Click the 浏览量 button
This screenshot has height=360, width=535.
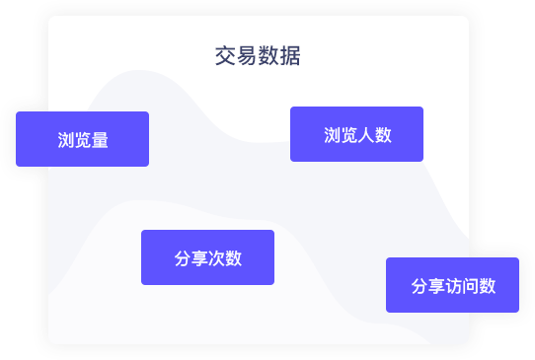[x=82, y=139]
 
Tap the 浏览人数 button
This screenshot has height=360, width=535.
[x=357, y=134]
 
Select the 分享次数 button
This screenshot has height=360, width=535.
[x=208, y=257]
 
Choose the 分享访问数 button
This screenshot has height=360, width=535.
[x=452, y=285]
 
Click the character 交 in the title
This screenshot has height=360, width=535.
[x=225, y=56]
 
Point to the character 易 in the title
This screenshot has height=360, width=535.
[x=247, y=56]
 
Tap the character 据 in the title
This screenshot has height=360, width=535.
[x=290, y=56]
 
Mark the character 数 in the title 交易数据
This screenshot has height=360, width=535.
[x=268, y=56]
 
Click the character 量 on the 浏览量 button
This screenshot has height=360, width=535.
[x=100, y=140]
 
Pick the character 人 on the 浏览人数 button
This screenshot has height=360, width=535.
[x=366, y=135]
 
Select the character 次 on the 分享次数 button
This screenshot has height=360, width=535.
[x=216, y=258]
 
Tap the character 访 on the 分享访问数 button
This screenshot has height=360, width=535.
[x=453, y=286]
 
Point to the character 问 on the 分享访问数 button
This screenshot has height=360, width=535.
[x=470, y=286]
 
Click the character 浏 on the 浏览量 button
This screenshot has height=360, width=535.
[x=66, y=140]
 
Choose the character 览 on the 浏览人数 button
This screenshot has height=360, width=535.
[x=349, y=135]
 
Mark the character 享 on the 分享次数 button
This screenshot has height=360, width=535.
[x=199, y=258]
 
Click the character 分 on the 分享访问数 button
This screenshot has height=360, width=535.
[x=420, y=286]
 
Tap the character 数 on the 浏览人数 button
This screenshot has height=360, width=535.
[x=383, y=135]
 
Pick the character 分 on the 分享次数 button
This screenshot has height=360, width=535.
[x=183, y=258]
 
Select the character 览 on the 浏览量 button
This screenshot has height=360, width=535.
[x=83, y=140]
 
